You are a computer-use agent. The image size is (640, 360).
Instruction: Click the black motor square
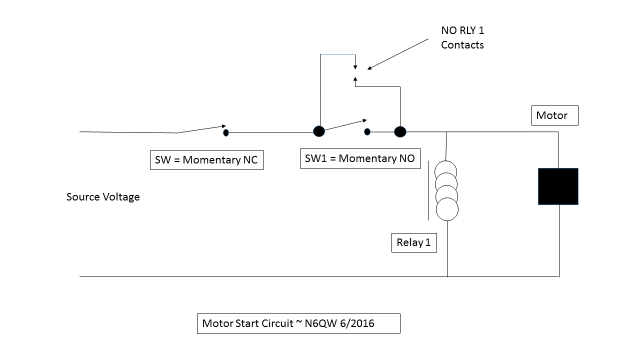click(x=558, y=186)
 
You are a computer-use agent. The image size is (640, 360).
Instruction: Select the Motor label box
click(x=554, y=115)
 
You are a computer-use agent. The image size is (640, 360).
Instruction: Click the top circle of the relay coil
click(x=445, y=170)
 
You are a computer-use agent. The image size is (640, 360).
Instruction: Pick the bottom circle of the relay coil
click(x=447, y=209)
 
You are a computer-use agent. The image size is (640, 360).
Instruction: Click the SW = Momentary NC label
click(x=206, y=160)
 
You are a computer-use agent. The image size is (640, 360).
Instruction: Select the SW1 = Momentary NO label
click(x=360, y=158)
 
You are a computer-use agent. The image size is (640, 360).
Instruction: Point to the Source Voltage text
click(x=103, y=197)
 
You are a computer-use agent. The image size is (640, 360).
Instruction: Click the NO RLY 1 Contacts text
click(x=462, y=37)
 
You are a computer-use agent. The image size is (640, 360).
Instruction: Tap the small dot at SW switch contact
click(x=226, y=132)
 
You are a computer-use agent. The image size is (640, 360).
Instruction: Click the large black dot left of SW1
click(x=319, y=131)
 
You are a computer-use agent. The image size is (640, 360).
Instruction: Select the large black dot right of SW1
click(x=400, y=131)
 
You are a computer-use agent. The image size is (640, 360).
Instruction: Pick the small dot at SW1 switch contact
click(x=367, y=132)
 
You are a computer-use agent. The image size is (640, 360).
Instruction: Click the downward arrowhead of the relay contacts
click(x=355, y=66)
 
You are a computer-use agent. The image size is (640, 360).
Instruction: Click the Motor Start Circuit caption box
click(x=298, y=323)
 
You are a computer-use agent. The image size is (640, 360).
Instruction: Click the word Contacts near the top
click(x=462, y=45)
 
